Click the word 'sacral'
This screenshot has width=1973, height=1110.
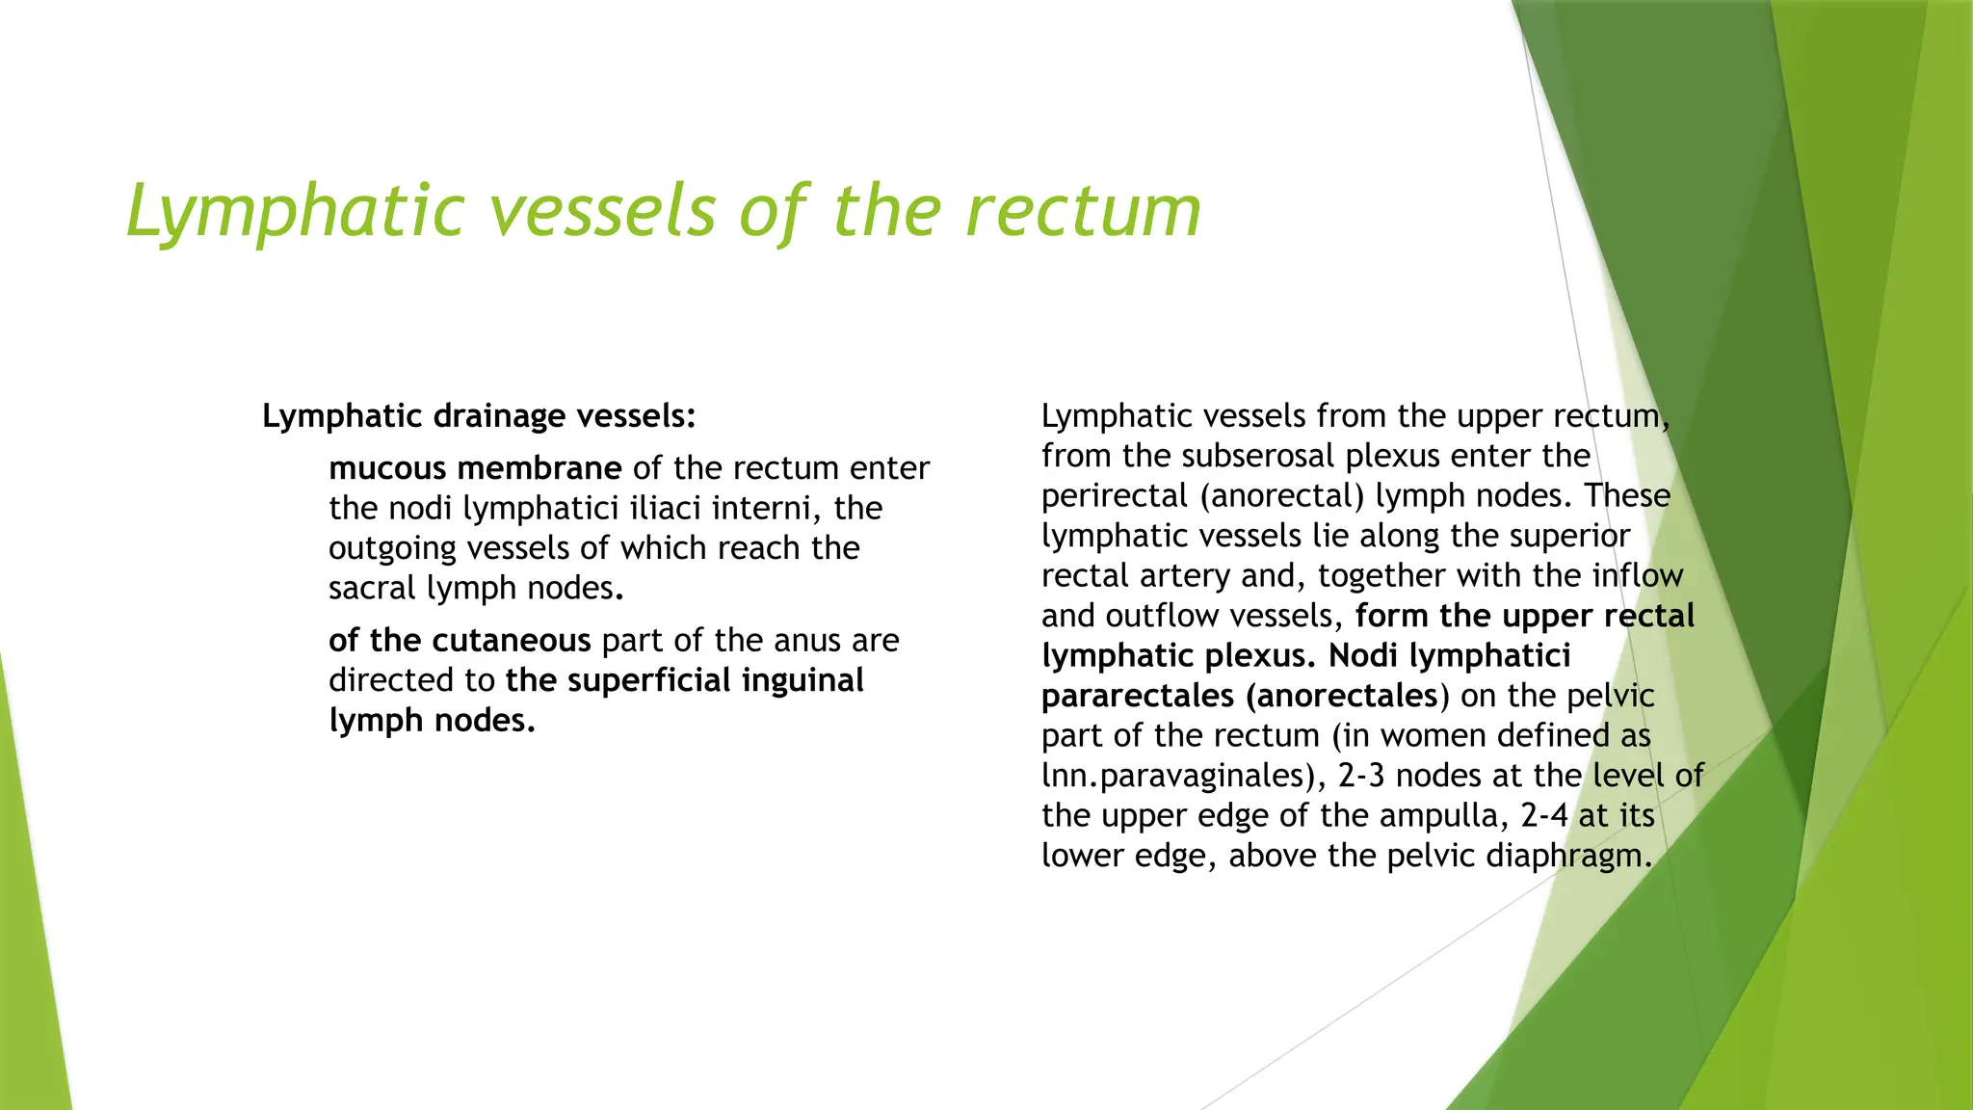pos(373,588)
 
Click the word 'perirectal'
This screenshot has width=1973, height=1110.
pos(1115,495)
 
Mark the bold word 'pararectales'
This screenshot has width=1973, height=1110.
pos(1138,696)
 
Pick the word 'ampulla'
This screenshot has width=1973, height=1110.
pos(1443,815)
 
